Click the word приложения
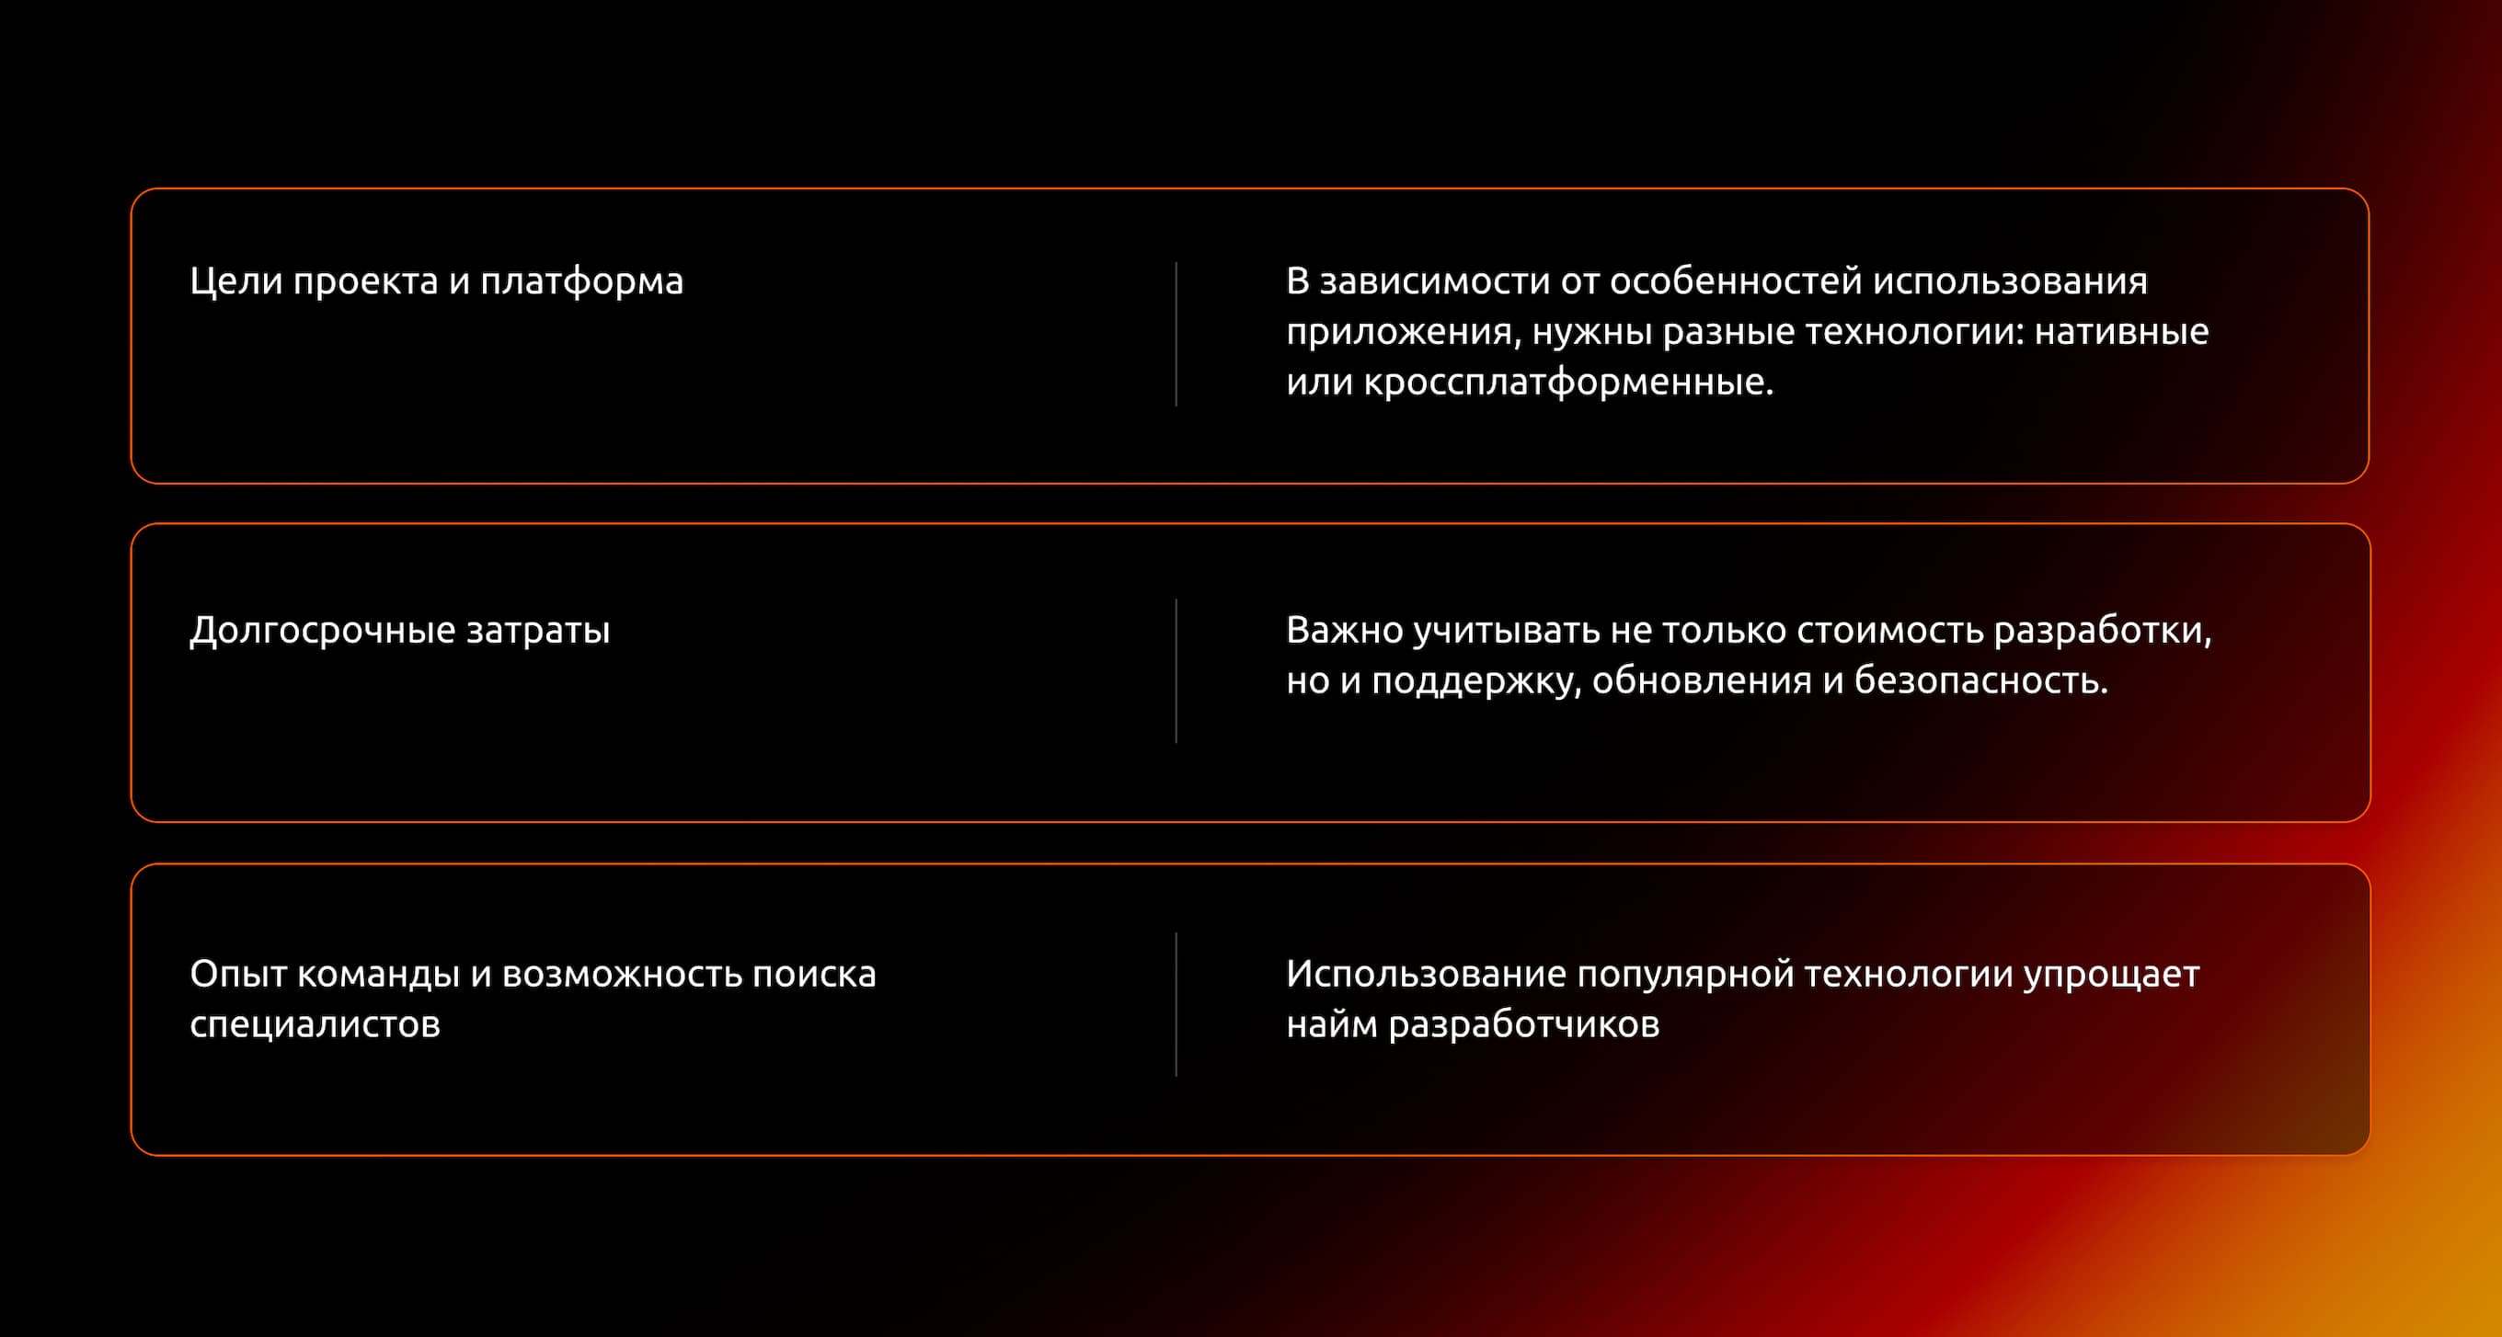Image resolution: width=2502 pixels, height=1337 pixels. click(x=1398, y=332)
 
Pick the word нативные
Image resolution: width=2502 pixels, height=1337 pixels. click(x=2121, y=332)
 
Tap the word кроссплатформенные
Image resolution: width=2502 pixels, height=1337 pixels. click(x=1567, y=383)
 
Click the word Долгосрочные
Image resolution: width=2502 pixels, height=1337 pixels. click(x=323, y=631)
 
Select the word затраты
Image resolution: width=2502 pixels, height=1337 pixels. click(x=538, y=631)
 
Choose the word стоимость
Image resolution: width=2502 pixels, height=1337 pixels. click(x=1889, y=631)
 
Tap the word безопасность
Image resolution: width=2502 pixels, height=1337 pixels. click(x=1981, y=681)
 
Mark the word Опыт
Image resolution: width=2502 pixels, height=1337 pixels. click(x=237, y=975)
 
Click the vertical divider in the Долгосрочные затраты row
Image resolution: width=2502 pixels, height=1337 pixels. click(x=1176, y=671)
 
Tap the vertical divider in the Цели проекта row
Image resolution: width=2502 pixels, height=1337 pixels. click(x=1176, y=334)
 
